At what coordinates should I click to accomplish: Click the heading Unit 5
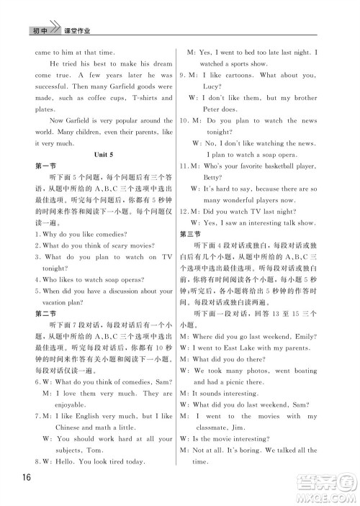click(x=104, y=155)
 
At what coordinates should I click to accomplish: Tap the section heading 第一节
click(x=45, y=166)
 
